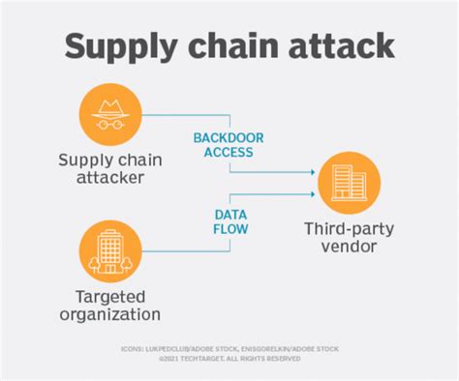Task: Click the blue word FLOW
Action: (x=230, y=230)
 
